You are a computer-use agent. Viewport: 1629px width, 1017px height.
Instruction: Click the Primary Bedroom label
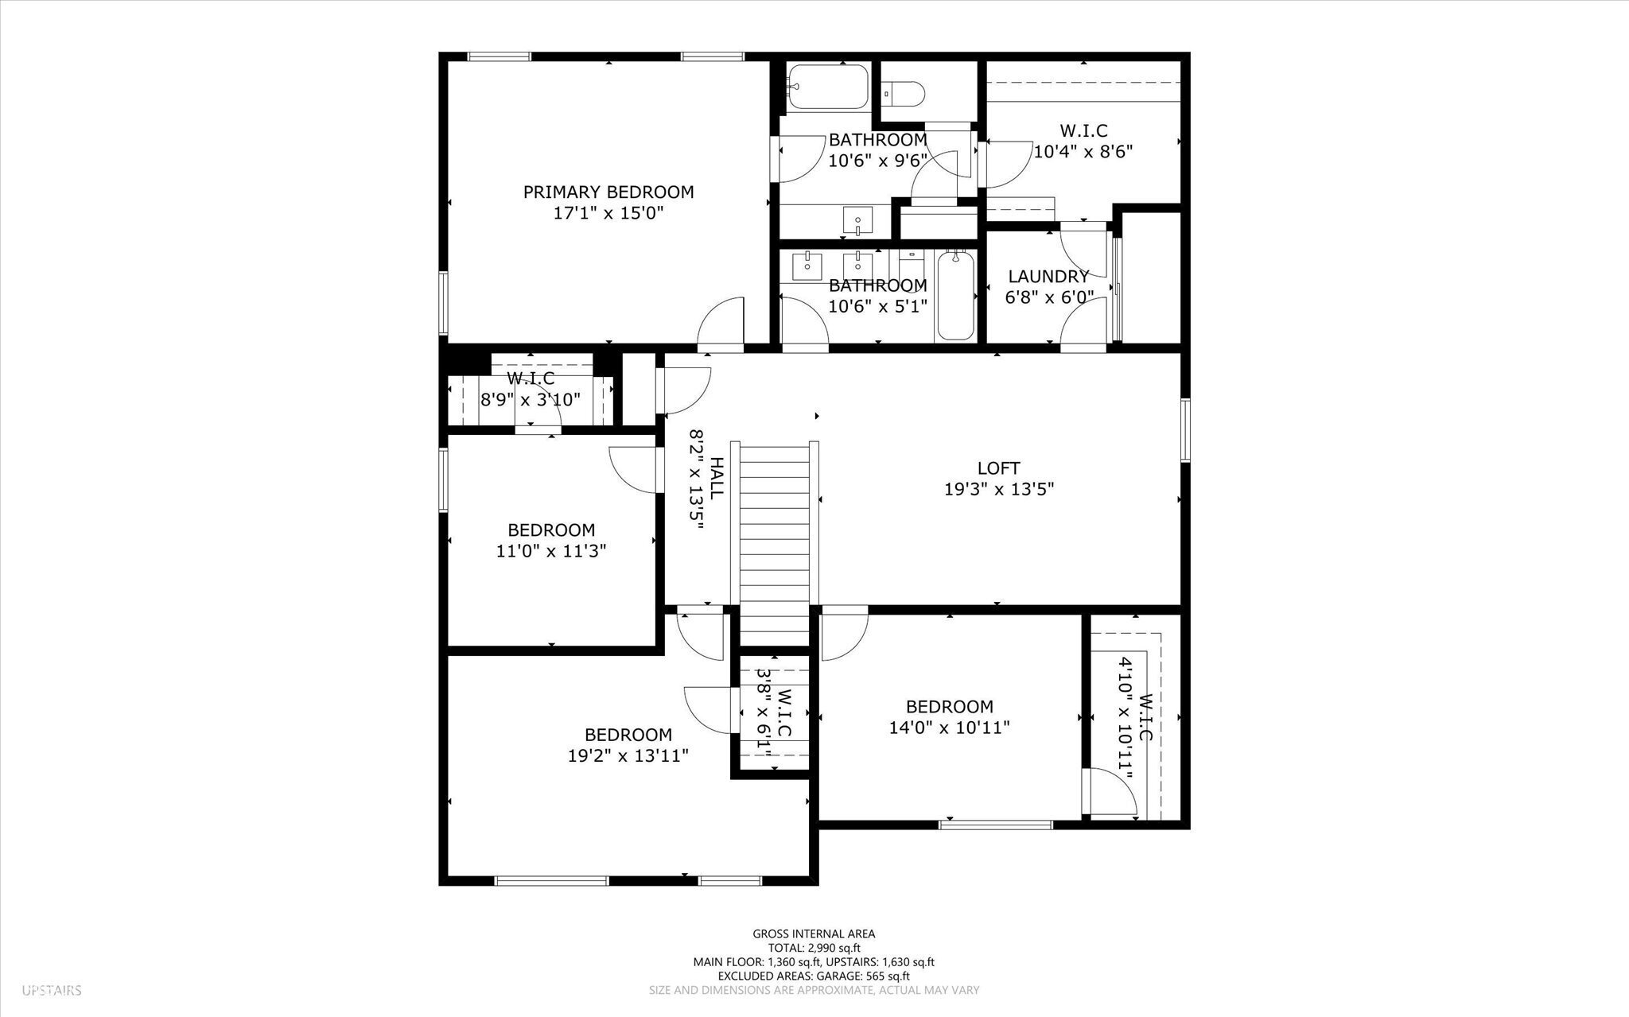(608, 192)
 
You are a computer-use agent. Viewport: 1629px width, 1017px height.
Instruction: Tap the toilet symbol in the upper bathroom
(904, 94)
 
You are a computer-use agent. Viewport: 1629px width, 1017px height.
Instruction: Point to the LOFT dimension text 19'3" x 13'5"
(999, 489)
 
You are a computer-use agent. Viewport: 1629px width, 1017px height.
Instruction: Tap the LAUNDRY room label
(1048, 277)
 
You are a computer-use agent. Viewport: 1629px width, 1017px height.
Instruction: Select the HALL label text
(716, 477)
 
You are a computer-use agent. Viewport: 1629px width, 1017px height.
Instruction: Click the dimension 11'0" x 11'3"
(551, 550)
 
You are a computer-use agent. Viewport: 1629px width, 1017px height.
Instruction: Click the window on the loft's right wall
(1184, 430)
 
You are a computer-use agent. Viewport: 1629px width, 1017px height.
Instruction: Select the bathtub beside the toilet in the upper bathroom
(826, 87)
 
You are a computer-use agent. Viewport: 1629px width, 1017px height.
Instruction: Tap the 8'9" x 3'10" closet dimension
(531, 399)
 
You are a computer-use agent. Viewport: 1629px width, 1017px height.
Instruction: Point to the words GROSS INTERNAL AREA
(814, 934)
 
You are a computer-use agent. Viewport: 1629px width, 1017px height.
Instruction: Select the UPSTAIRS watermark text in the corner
(52, 991)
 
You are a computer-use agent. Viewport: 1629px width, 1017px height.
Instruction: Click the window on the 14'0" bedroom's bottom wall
(996, 825)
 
